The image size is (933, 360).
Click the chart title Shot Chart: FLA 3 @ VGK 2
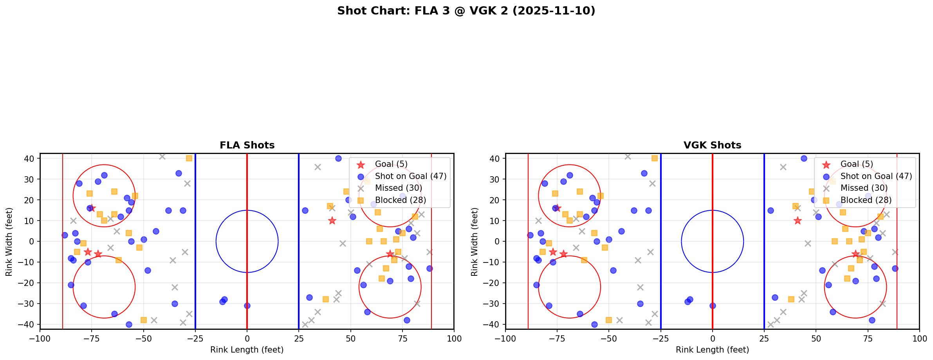tap(466, 11)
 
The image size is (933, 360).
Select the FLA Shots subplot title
tap(247, 145)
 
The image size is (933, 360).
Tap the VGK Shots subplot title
tap(712, 145)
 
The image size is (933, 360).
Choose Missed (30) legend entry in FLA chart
tap(398, 188)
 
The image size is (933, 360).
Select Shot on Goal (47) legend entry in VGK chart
tap(876, 176)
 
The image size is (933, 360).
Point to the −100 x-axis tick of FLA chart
tap(40, 338)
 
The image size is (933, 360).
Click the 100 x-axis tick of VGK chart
tap(919, 338)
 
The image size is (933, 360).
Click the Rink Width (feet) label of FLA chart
tap(9, 241)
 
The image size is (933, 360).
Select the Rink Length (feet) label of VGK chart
tap(712, 350)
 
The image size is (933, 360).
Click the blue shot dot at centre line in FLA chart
tap(247, 306)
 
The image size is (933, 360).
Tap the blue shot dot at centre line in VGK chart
tap(713, 306)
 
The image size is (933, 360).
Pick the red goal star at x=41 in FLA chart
tap(332, 221)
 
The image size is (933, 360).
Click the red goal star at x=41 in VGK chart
tap(798, 221)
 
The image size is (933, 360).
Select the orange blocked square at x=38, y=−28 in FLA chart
tap(326, 299)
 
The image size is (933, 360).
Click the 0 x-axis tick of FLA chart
tap(247, 338)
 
